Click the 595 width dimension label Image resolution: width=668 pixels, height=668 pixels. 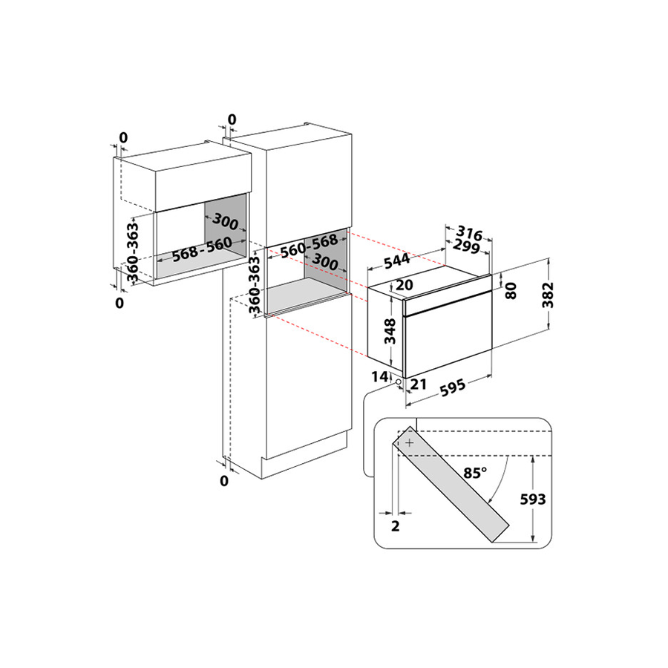click(x=452, y=387)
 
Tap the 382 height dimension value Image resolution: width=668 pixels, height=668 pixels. click(x=548, y=295)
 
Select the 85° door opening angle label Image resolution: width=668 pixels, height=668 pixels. click(x=475, y=473)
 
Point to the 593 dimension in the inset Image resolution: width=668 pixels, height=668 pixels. click(x=532, y=499)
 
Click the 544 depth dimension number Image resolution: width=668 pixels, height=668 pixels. click(x=396, y=261)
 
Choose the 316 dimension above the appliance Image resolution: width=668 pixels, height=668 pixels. click(x=469, y=233)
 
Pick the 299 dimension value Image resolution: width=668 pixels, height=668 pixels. click(x=466, y=246)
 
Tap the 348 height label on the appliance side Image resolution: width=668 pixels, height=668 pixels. click(x=390, y=331)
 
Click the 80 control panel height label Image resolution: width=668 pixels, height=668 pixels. click(x=511, y=290)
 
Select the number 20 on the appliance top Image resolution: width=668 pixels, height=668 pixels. click(x=405, y=284)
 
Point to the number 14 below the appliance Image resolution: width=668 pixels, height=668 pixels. click(x=380, y=376)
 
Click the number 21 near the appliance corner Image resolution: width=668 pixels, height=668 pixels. click(x=418, y=384)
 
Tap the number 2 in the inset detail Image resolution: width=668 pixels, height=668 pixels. click(x=396, y=526)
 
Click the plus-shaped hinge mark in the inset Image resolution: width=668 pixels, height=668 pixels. click(x=410, y=443)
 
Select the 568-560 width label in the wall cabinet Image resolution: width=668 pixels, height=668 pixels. click(x=203, y=249)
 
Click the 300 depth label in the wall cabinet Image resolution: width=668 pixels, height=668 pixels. click(x=225, y=221)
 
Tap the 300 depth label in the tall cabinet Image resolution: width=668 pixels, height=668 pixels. click(x=325, y=261)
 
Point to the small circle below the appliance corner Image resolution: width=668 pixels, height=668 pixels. click(x=399, y=382)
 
